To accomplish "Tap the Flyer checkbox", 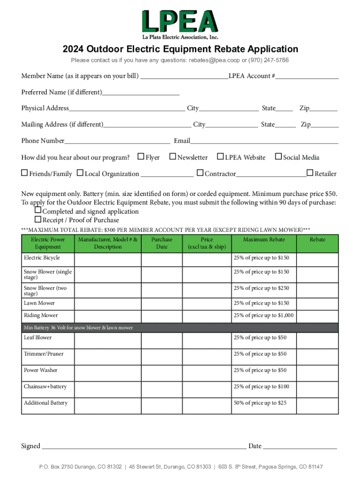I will click(x=140, y=157).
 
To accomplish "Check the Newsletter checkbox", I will click(x=173, y=157).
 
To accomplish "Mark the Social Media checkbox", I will click(x=278, y=157).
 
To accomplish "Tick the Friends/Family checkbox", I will click(x=24, y=173).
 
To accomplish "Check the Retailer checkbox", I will click(x=310, y=173).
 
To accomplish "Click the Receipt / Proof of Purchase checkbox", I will click(x=38, y=219).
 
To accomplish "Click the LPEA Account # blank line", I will click(x=307, y=76).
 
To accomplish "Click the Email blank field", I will click(x=264, y=140).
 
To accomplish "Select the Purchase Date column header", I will click(x=162, y=243).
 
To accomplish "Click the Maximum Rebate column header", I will click(x=264, y=239).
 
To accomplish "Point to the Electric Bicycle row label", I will click(x=42, y=258).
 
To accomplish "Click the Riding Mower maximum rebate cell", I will click(x=264, y=315).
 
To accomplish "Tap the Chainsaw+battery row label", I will click(x=45, y=386).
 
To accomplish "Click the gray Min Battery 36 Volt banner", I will click(x=180, y=327).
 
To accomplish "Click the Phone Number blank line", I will click(x=117, y=140).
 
